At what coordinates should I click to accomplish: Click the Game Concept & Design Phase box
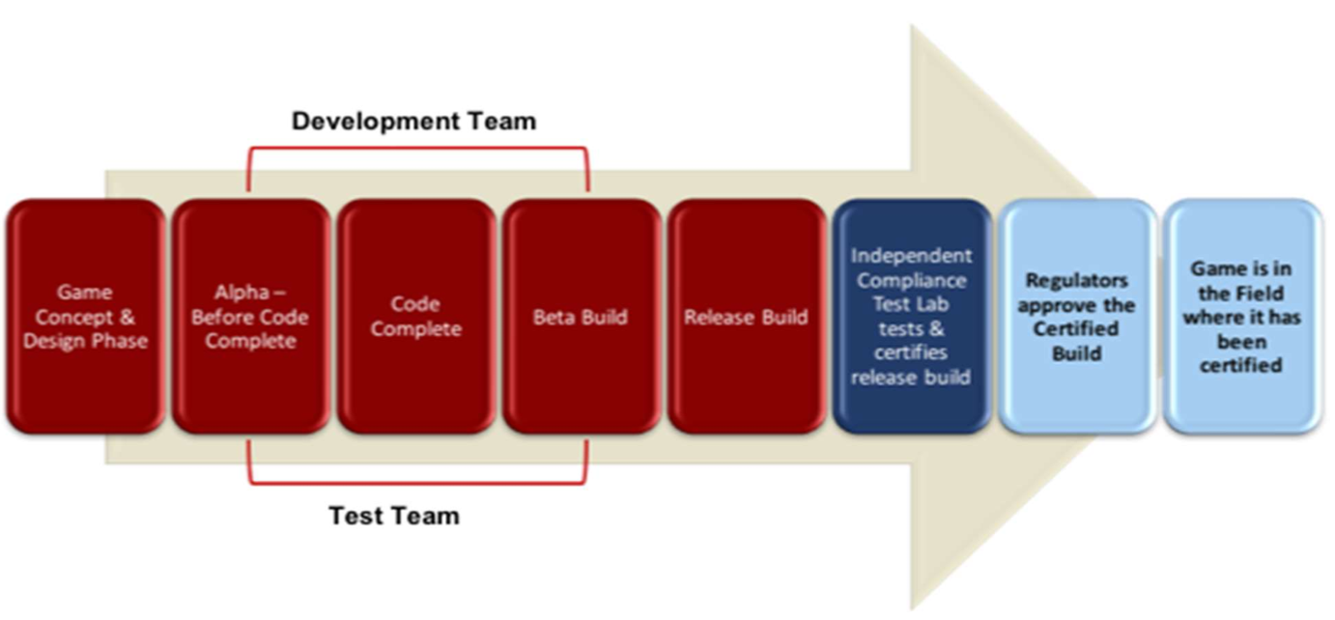click(85, 316)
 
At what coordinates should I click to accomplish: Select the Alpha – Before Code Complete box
click(250, 316)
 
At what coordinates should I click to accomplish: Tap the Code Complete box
click(416, 316)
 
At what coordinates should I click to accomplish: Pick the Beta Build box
click(581, 316)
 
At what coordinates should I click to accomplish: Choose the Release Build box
click(746, 316)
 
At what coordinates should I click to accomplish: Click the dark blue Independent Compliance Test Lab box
click(911, 316)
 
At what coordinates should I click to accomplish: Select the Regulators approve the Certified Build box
click(1076, 316)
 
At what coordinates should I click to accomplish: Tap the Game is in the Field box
click(1240, 316)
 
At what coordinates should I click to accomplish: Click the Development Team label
click(413, 122)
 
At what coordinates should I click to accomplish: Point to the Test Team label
click(394, 516)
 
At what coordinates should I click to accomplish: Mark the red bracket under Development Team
click(417, 149)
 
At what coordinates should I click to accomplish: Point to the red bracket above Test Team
click(417, 482)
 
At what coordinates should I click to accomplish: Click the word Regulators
click(1076, 281)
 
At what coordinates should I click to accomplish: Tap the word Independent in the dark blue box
click(911, 257)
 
